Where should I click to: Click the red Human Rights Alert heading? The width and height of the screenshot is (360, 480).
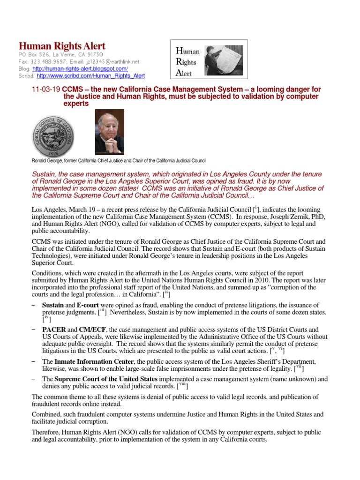pyautogui.click(x=61, y=46)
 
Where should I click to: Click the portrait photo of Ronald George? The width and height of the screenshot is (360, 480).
pyautogui.click(x=111, y=133)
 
